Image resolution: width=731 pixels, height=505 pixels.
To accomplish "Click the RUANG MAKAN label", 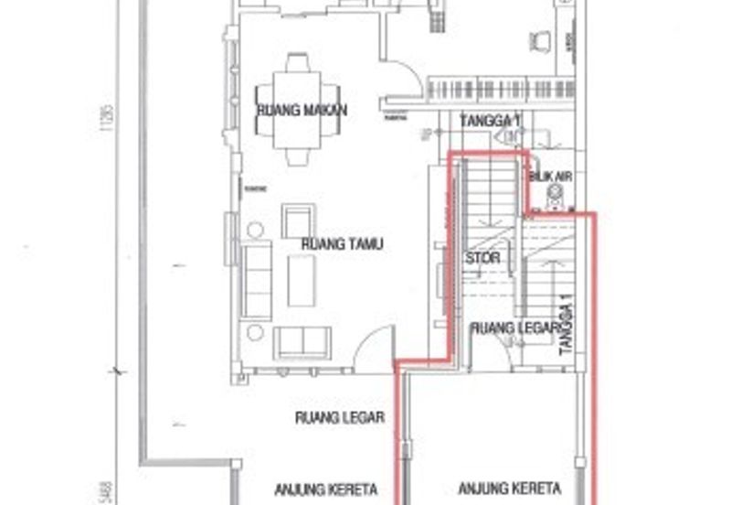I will [290, 111].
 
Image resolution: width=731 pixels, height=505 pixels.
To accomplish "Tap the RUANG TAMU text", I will [343, 244].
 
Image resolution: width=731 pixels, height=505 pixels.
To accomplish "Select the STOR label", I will [482, 258].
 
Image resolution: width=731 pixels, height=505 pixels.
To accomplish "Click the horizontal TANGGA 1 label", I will [490, 121].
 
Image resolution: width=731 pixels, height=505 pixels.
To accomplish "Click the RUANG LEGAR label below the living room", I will [339, 417].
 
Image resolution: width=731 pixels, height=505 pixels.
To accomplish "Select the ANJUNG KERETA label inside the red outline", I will [509, 488].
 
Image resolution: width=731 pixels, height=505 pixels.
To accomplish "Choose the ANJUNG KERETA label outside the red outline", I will [326, 489].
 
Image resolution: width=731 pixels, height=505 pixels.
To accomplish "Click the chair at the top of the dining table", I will [298, 64].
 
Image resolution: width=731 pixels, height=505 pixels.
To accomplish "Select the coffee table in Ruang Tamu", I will [301, 280].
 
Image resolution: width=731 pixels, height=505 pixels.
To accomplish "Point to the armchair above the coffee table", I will [297, 221].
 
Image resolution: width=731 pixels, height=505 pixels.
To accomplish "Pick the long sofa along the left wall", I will [257, 280].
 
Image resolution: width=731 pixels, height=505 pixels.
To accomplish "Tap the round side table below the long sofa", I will [255, 332].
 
